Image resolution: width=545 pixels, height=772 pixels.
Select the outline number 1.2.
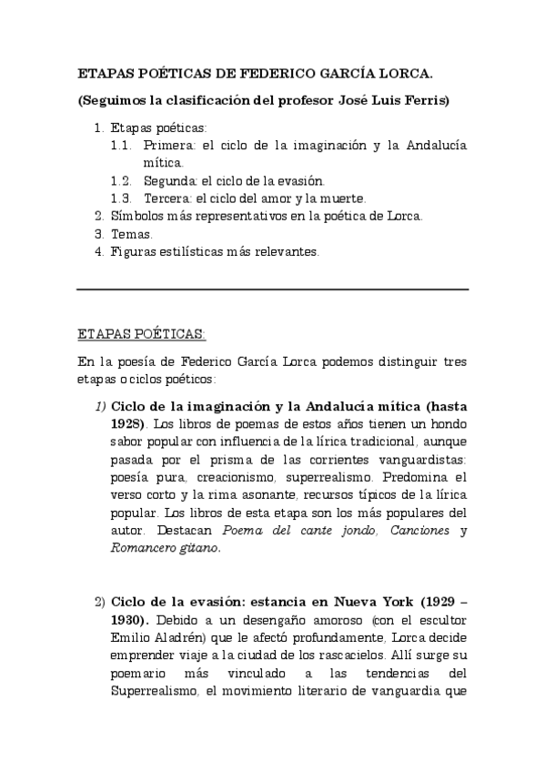coord(122,181)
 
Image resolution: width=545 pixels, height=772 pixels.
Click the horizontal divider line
coord(272,289)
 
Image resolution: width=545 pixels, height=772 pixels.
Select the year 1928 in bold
coord(126,424)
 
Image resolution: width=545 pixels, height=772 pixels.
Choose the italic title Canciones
coord(417,530)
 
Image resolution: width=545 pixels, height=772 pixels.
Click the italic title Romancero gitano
coord(165,548)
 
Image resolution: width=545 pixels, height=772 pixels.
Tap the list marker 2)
coord(100,602)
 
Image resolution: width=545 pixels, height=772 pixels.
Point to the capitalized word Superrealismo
coord(156,692)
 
